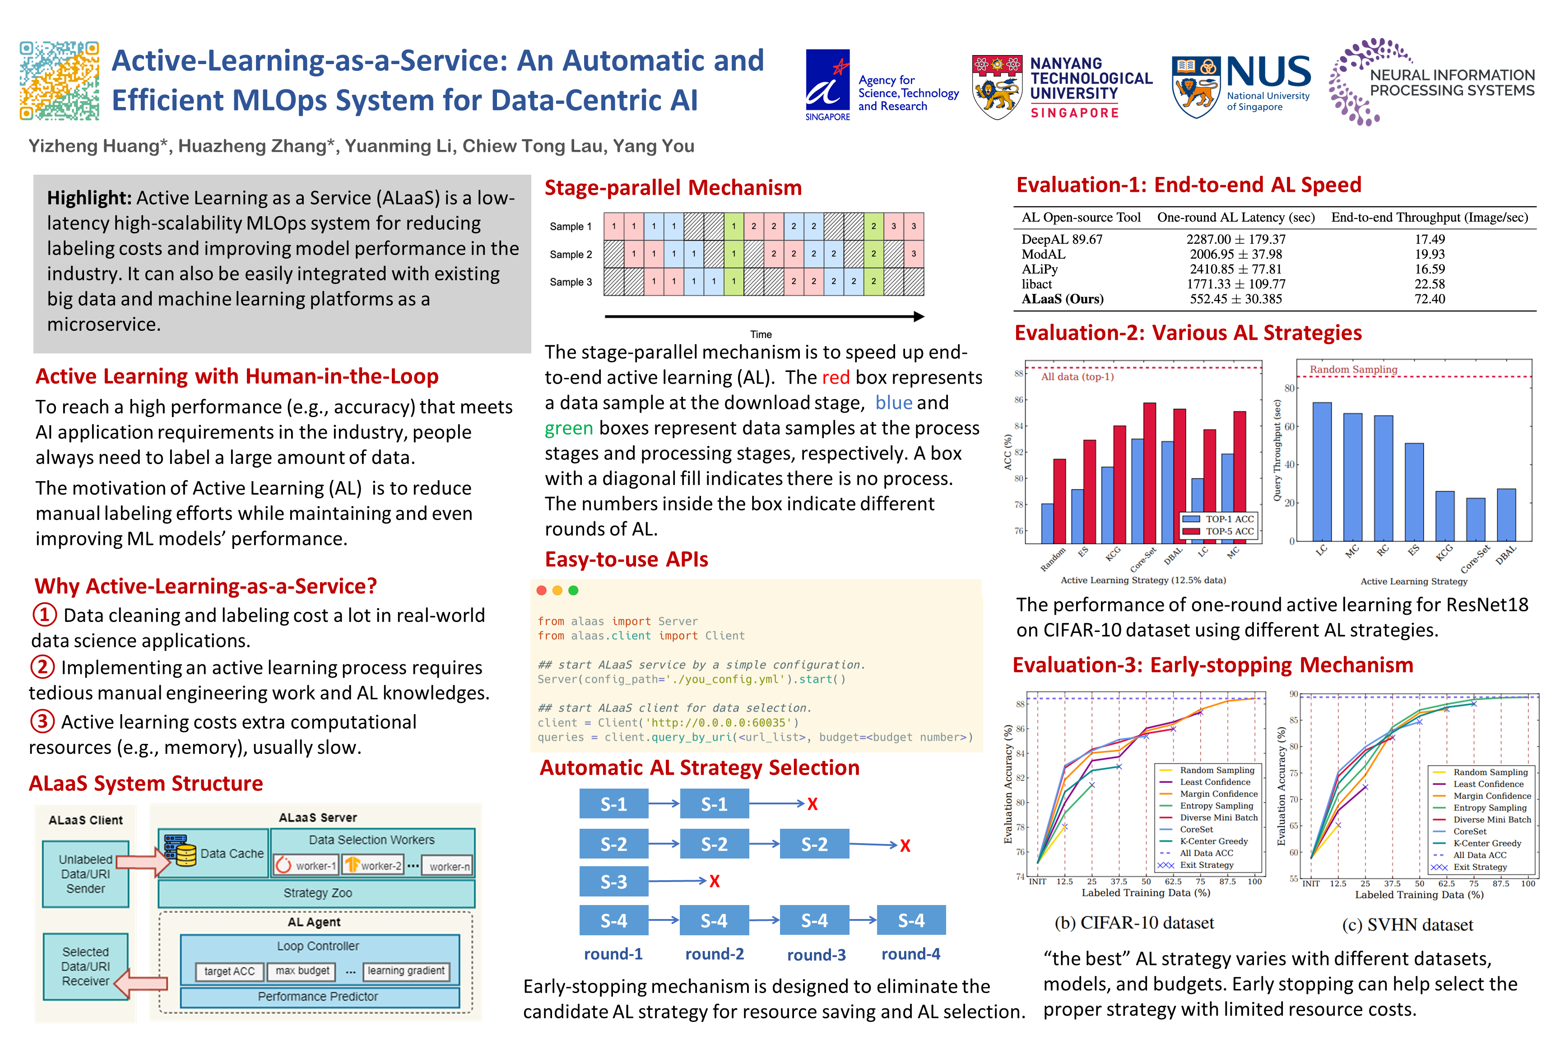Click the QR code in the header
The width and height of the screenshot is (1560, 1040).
59,80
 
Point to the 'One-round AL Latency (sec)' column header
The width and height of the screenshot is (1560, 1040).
1235,218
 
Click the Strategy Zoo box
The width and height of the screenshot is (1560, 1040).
317,893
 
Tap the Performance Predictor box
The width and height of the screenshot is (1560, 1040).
318,996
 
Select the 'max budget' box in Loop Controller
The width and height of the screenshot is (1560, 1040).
302,971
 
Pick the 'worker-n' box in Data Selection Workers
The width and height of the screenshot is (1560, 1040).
449,866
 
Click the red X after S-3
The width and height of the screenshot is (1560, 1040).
715,882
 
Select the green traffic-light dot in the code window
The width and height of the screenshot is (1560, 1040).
574,590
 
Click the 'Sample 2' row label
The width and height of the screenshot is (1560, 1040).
571,254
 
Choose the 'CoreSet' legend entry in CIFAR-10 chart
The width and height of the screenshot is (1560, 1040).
1196,829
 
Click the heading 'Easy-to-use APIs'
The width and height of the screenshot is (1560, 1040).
626,559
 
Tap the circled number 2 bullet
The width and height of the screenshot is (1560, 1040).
42,667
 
